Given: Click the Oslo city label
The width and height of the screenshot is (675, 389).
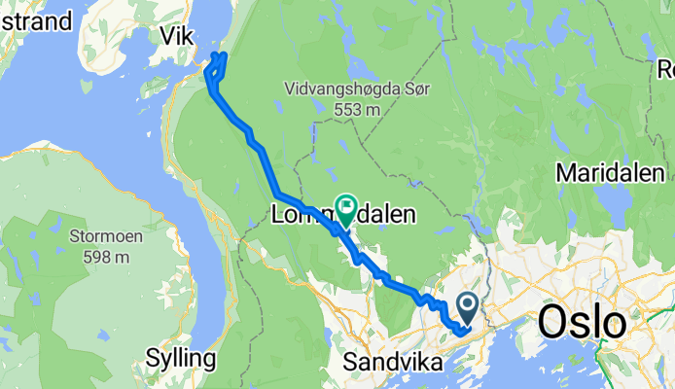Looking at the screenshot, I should click(582, 321).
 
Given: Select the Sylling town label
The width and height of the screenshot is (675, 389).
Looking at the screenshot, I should click(181, 358).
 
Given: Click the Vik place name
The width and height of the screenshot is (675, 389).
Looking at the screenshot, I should click(177, 35).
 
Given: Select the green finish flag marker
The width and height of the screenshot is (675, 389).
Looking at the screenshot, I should click(345, 206).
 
